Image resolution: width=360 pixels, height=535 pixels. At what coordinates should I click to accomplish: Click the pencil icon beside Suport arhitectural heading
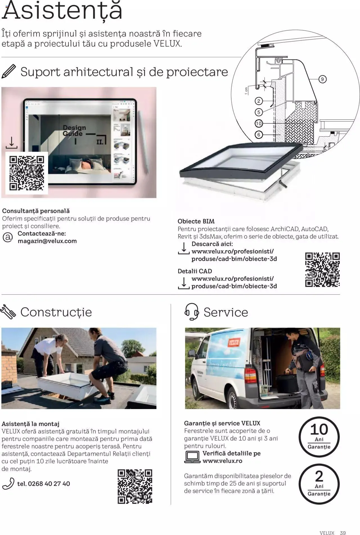point(9,71)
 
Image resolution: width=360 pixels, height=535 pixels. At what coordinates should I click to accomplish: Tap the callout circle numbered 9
point(322,79)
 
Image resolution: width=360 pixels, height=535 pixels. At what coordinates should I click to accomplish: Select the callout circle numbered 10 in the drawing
point(259,123)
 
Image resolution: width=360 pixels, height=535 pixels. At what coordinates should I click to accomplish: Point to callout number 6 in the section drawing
point(259,135)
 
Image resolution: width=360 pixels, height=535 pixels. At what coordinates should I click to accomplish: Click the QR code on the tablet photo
point(27,173)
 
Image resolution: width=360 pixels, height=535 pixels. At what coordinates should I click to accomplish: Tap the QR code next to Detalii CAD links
point(322,270)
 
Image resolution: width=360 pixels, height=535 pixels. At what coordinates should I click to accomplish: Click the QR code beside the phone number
point(135,486)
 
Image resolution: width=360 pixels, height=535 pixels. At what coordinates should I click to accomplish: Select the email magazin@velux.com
point(47,241)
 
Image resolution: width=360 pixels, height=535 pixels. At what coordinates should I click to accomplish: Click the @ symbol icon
point(8,237)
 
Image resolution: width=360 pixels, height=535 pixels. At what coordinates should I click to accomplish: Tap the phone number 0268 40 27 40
point(44,484)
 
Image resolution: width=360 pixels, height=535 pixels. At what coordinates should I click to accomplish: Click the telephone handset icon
point(8,484)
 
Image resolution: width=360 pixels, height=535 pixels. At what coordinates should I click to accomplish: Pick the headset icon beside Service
point(192,311)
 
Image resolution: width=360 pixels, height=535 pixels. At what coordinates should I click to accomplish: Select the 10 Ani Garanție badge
point(319,437)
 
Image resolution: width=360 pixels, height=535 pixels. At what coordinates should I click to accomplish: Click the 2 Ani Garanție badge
point(319,484)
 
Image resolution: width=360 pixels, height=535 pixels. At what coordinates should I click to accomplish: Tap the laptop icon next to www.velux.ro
point(192,457)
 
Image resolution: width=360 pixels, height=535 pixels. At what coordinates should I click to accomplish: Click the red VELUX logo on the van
point(234,342)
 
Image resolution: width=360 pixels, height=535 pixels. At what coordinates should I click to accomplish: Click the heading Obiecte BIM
point(196,221)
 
